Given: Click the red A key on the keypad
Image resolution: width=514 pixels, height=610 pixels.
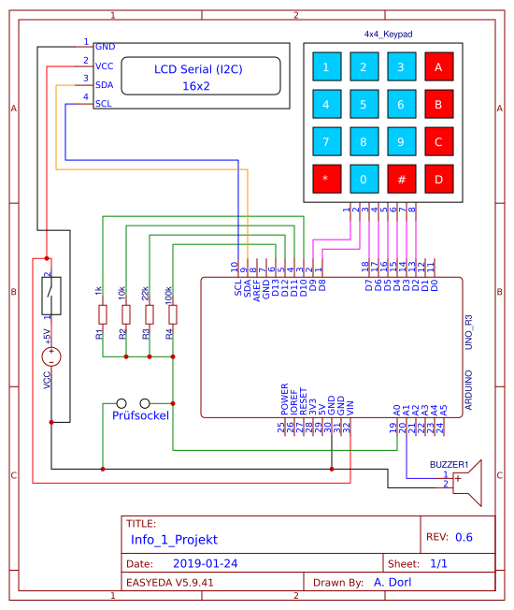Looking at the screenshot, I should tap(438, 67).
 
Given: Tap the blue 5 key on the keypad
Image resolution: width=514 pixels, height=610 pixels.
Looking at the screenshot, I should tap(364, 105).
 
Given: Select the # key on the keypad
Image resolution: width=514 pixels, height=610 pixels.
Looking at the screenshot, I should tap(401, 179).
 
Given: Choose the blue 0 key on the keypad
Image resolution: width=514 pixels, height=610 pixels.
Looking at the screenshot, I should tap(364, 179).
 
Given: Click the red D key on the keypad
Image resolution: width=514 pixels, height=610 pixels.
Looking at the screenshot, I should tap(438, 179).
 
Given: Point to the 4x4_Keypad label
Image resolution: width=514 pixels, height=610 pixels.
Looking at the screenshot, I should tap(388, 34).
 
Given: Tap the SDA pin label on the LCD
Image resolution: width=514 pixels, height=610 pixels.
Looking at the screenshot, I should tap(105, 84).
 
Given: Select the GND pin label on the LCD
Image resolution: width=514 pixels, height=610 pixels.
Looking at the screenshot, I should tap(106, 46).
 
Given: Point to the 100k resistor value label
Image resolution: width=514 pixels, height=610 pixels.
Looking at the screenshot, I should tap(168, 294).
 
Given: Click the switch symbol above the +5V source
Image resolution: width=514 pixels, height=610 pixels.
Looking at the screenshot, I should tap(52, 297).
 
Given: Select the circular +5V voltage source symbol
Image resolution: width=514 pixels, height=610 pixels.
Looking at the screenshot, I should tap(52, 356).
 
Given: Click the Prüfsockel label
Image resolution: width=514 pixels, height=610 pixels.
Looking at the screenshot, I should tap(140, 414).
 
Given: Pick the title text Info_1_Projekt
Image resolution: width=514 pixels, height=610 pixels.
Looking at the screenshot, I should tap(174, 540).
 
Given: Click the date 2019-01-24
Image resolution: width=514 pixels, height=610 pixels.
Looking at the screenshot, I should tap(206, 564).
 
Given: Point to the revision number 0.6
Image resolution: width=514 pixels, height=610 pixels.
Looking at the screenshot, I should tap(464, 538).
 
